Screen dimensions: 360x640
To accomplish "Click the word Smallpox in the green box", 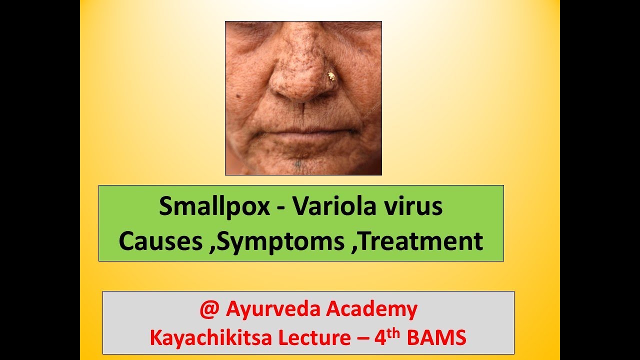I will [x=214, y=207].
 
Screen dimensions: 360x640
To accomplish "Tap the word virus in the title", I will [x=416, y=206].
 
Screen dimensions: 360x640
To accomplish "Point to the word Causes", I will [x=160, y=241].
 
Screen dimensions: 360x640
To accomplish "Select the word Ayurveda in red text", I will [x=273, y=310].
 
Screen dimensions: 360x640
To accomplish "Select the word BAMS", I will [x=437, y=338].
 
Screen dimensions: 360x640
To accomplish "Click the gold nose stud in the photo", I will [x=331, y=76].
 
